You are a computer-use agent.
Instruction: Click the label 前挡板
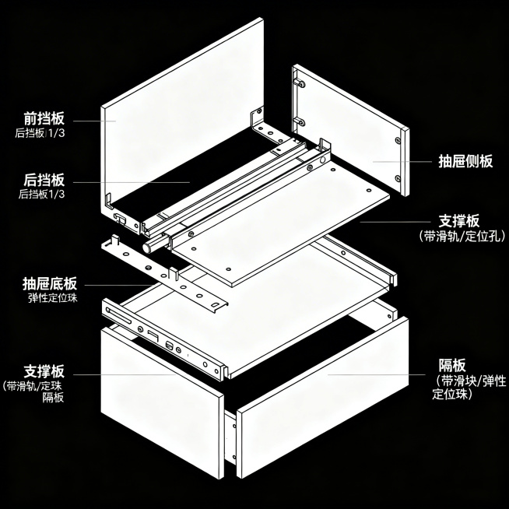click(x=44, y=118)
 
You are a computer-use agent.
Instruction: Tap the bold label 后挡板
click(x=44, y=180)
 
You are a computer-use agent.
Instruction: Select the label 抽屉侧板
click(x=465, y=161)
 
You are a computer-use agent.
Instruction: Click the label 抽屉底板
click(x=50, y=284)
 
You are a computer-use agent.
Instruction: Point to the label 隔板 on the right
click(x=452, y=365)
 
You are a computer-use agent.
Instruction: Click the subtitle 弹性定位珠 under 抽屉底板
click(x=53, y=297)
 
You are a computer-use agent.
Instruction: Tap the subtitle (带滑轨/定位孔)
click(x=462, y=236)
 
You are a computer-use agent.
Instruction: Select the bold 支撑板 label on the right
click(x=459, y=221)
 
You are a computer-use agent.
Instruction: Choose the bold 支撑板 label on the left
click(x=44, y=371)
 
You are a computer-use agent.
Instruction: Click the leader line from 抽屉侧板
click(x=402, y=161)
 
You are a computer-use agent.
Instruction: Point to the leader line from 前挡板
click(x=94, y=121)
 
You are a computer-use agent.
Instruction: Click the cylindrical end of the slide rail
click(x=148, y=247)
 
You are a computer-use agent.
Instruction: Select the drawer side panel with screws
click(x=350, y=130)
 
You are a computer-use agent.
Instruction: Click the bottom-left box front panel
click(x=163, y=402)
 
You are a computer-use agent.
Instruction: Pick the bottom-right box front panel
click(x=323, y=398)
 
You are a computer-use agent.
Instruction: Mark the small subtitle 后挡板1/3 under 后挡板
click(x=41, y=194)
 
